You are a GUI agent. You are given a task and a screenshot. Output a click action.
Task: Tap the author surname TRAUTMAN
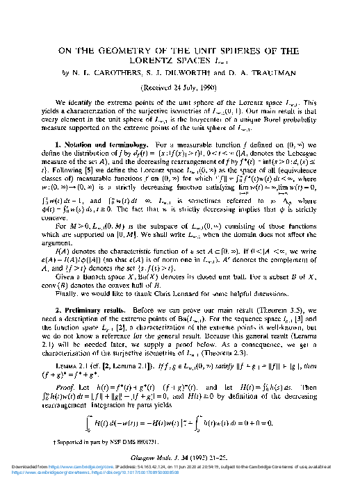[270, 70]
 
